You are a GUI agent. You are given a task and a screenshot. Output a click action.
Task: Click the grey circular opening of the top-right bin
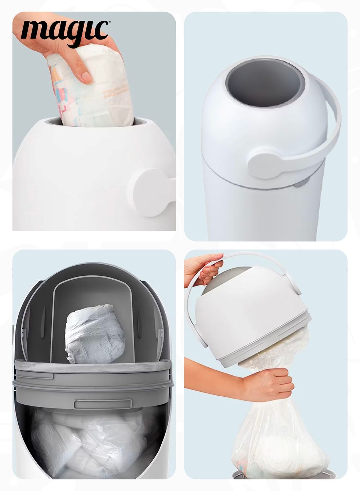pos(263,85)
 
